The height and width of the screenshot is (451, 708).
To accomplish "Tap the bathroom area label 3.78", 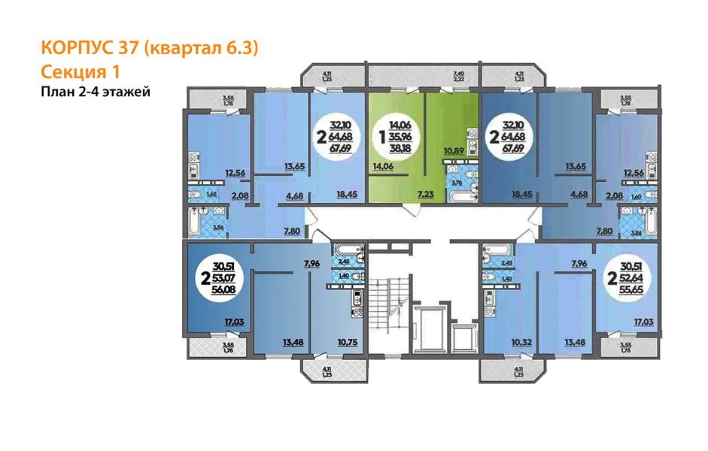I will click(x=456, y=182).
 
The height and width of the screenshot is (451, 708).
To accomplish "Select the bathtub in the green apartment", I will click(x=459, y=196).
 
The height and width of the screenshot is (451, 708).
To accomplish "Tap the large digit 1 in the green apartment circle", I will click(x=383, y=139).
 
